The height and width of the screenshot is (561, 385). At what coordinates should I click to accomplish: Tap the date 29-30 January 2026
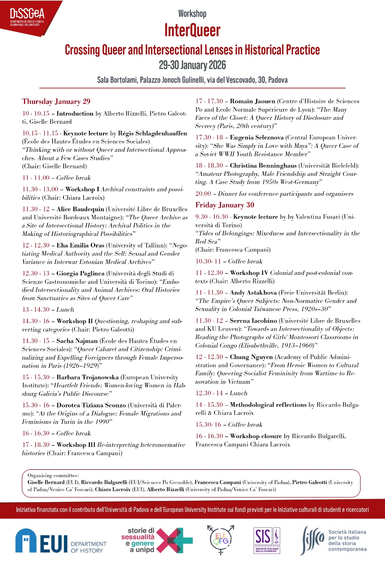tap(192, 65)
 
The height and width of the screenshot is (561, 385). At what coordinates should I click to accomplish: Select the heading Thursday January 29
tap(56, 102)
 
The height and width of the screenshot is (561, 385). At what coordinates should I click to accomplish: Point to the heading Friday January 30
tap(225, 205)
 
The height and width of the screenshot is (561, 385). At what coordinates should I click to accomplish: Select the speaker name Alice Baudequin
tap(80, 209)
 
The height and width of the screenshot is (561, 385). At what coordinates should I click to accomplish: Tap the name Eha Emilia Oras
tap(80, 245)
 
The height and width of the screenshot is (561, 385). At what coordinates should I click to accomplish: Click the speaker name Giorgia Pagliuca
tap(80, 273)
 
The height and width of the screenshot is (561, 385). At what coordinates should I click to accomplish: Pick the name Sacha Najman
tap(77, 341)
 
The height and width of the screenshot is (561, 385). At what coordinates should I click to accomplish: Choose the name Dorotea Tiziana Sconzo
tap(91, 405)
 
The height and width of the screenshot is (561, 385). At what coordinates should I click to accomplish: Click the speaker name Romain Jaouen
tap(252, 101)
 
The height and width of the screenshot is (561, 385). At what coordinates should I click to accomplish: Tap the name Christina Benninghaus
tap(263, 165)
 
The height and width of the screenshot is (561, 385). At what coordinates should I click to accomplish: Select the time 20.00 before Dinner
tap(203, 194)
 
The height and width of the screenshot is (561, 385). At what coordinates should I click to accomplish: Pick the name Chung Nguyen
tap(251, 357)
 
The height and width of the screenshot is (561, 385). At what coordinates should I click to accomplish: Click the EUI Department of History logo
tap(61, 541)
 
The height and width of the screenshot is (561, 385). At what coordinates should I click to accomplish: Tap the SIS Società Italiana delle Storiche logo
tap(266, 540)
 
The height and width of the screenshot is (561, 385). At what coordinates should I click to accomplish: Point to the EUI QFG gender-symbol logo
tap(221, 539)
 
